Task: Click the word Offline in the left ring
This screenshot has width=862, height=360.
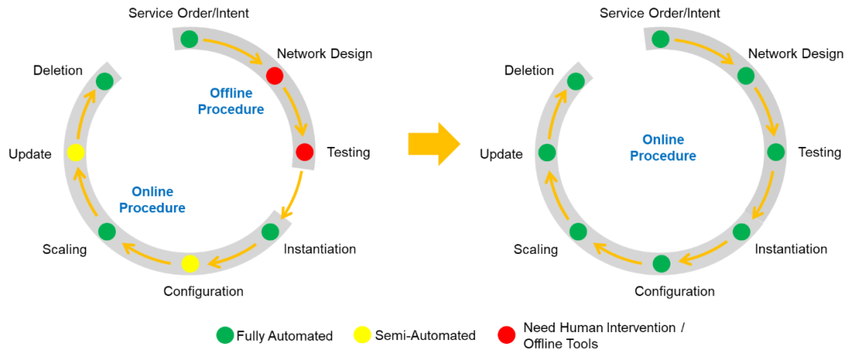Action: [x=231, y=93]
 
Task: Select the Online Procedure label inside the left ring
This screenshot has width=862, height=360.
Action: [x=152, y=200]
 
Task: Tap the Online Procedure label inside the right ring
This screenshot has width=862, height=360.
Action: [x=662, y=148]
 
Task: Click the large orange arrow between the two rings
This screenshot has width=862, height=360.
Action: [x=434, y=144]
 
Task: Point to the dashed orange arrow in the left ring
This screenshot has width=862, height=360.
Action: [x=293, y=196]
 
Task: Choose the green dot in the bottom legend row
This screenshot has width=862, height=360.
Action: [x=225, y=335]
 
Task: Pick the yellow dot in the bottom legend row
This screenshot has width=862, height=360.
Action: [x=362, y=335]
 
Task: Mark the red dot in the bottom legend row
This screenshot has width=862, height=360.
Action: [x=507, y=335]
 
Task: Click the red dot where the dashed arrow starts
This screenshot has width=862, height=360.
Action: [x=304, y=152]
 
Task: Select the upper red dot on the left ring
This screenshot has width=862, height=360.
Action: [x=275, y=76]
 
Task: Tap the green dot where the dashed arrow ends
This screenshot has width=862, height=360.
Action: [x=270, y=231]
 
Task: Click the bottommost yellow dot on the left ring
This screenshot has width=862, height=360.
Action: [x=190, y=263]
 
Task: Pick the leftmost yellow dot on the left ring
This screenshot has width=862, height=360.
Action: [x=76, y=152]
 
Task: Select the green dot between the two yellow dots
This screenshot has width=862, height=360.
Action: [x=107, y=231]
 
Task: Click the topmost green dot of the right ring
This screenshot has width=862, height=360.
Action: [x=660, y=39]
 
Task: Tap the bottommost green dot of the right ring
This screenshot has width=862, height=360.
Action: [x=661, y=263]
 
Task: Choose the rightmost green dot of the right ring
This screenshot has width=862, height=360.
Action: [x=776, y=152]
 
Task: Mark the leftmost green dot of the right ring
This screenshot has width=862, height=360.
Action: [x=547, y=152]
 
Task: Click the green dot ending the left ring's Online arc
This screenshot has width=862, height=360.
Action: [x=105, y=81]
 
